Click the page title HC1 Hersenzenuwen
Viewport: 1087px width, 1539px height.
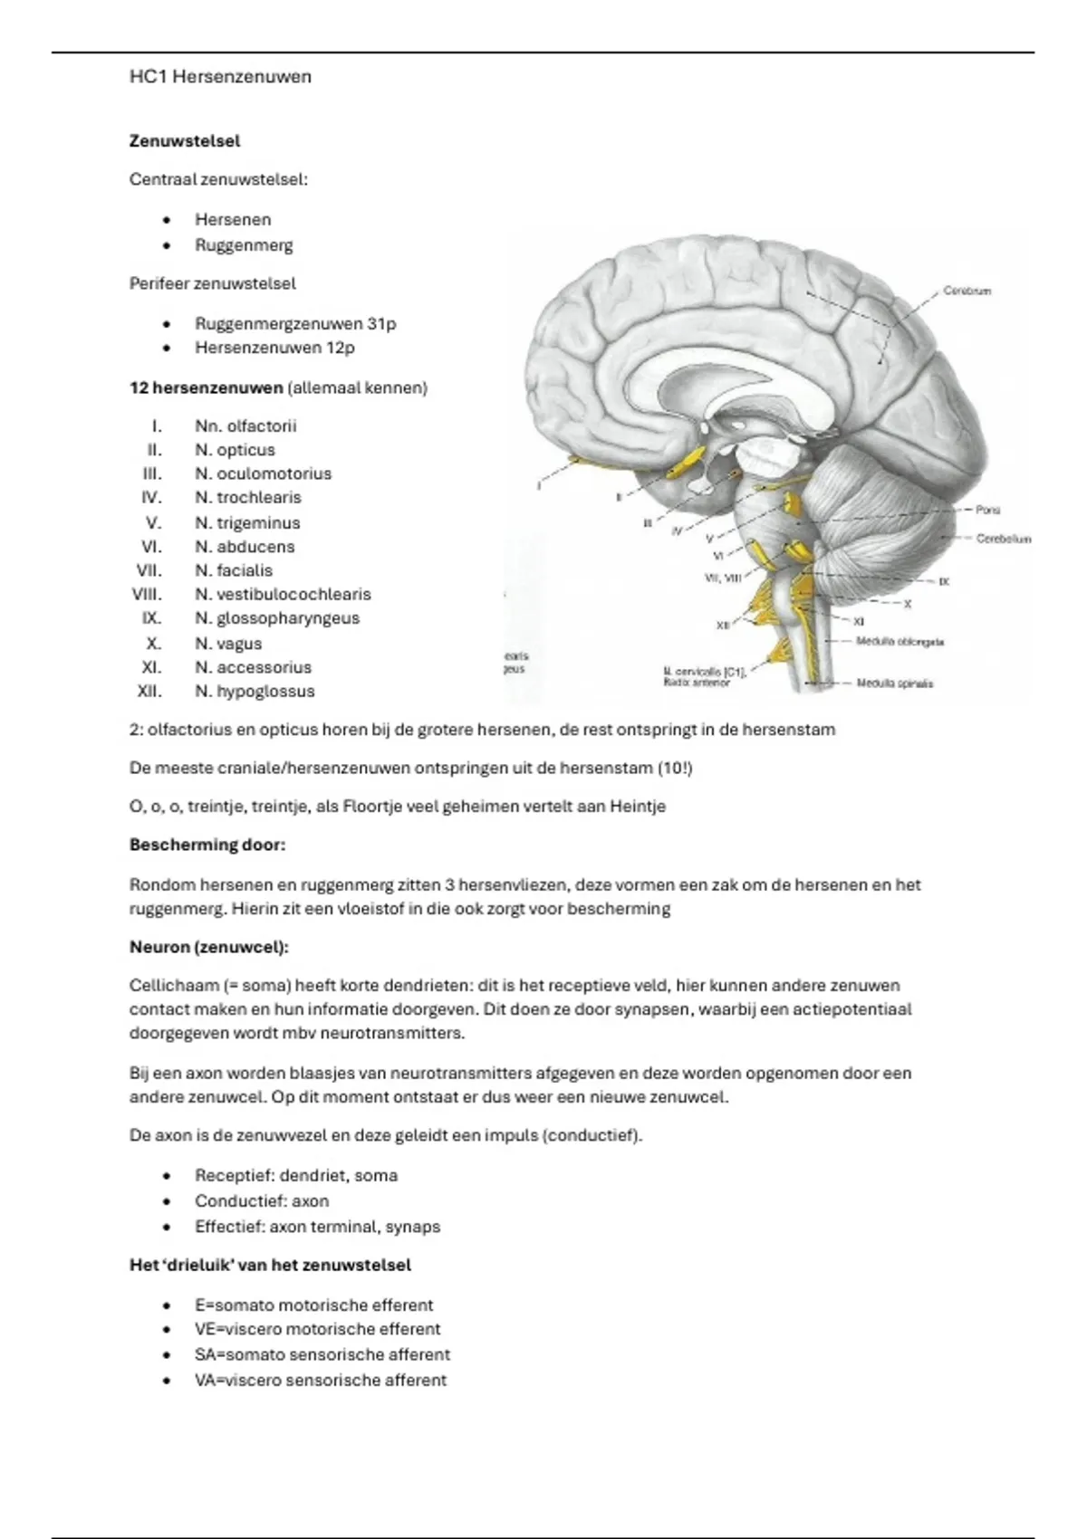[220, 77]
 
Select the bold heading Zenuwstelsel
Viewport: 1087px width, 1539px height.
[184, 141]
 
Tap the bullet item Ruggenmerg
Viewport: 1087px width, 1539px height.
[244, 245]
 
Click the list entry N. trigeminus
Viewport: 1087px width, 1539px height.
[247, 523]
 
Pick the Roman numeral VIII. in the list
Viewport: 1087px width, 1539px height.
[147, 594]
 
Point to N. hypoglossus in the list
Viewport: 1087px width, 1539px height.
[255, 691]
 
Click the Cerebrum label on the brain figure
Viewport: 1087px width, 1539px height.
[967, 291]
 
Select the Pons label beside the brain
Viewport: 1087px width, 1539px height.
[987, 510]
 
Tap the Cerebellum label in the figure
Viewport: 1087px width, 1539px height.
[1003, 540]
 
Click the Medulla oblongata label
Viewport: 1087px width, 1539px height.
[899, 642]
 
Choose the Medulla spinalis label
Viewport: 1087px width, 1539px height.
[894, 683]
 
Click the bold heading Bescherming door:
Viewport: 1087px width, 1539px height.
[207, 845]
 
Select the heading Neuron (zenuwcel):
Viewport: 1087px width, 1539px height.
[209, 948]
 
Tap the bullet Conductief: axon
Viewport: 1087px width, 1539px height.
[262, 1201]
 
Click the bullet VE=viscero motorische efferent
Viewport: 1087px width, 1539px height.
[318, 1329]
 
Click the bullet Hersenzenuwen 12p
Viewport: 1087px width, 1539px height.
[275, 348]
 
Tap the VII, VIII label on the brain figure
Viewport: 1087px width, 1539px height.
[723, 578]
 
